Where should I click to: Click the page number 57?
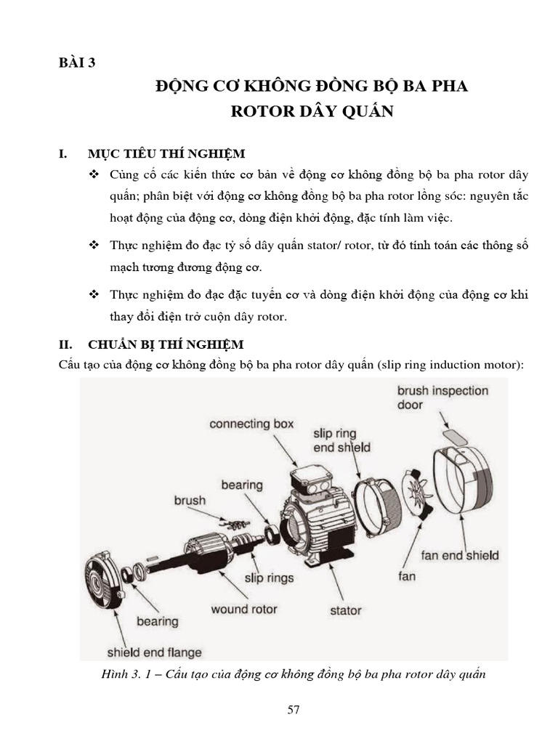(294, 710)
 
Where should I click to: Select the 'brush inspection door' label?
(442, 397)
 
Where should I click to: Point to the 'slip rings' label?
(269, 578)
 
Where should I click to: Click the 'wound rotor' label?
(244, 609)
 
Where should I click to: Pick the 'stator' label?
(345, 610)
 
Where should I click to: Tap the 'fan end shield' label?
(460, 555)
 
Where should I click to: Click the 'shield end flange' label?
(154, 652)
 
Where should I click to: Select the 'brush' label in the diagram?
(190, 501)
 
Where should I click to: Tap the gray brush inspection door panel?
(456, 436)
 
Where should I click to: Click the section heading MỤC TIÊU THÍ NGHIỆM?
(166, 154)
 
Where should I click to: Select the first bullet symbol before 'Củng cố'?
(94, 175)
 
